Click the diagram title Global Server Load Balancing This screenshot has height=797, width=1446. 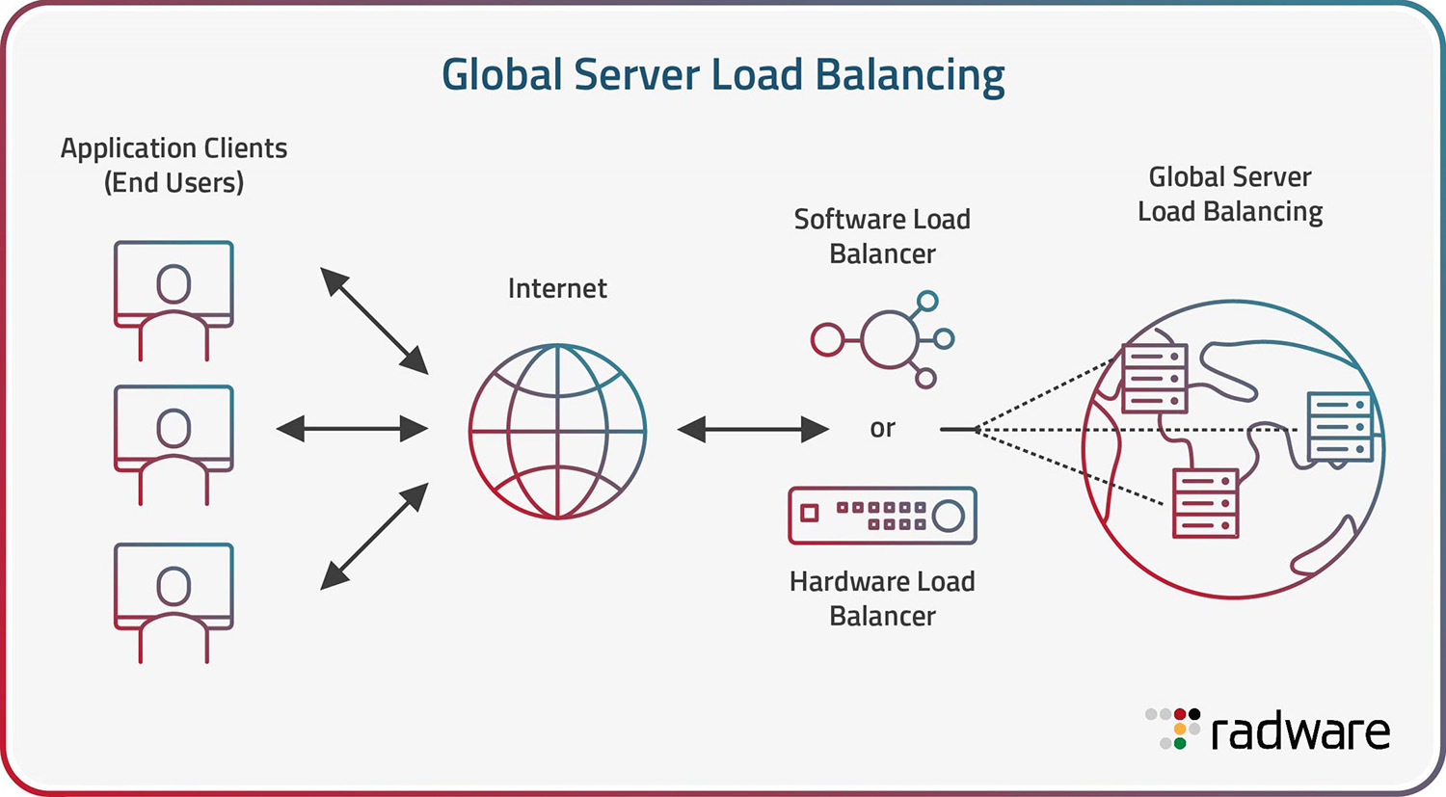[723, 75]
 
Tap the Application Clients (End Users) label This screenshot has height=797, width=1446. [174, 165]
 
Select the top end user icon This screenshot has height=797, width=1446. [174, 300]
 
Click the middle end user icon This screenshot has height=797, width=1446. [174, 444]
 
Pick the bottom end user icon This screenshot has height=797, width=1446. [174, 601]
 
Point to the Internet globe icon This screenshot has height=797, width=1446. [557, 431]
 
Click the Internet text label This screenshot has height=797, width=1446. [557, 288]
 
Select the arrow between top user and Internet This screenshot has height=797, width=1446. [374, 321]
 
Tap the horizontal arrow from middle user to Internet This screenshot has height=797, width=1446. [352, 429]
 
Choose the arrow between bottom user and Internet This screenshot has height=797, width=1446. [374, 536]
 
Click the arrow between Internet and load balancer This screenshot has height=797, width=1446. [753, 429]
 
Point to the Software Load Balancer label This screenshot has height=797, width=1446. [882, 236]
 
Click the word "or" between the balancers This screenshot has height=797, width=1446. [882, 428]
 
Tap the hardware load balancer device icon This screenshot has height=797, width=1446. [882, 516]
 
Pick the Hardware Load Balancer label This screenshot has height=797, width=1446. [882, 598]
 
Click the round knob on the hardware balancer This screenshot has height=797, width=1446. [949, 516]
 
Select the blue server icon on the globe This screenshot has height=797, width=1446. [1340, 426]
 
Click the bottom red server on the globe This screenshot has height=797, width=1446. [1205, 503]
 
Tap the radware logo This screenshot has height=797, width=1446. [1269, 731]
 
